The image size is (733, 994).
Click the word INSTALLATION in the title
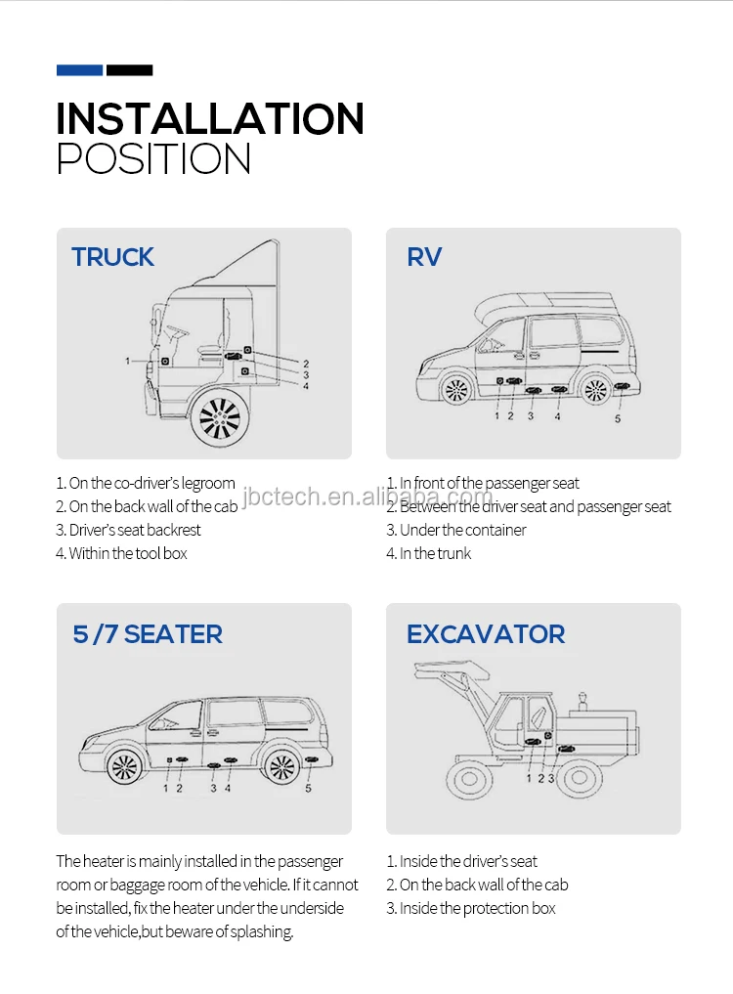click(x=210, y=119)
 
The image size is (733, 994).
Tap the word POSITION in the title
click(x=153, y=159)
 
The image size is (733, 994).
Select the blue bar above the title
click(x=79, y=70)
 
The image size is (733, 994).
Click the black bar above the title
click(x=129, y=70)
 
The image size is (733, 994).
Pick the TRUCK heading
click(x=112, y=257)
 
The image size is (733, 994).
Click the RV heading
click(x=424, y=257)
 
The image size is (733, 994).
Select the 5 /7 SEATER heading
click(x=148, y=633)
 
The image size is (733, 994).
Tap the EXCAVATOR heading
click(x=486, y=633)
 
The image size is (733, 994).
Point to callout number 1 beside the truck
click(x=127, y=361)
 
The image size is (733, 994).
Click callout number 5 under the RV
click(x=617, y=418)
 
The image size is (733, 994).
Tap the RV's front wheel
click(x=456, y=390)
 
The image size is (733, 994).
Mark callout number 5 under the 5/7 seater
click(x=308, y=788)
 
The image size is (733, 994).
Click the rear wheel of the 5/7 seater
click(x=281, y=767)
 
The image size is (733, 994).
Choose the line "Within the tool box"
click(x=121, y=553)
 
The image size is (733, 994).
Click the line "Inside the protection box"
click(x=471, y=908)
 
